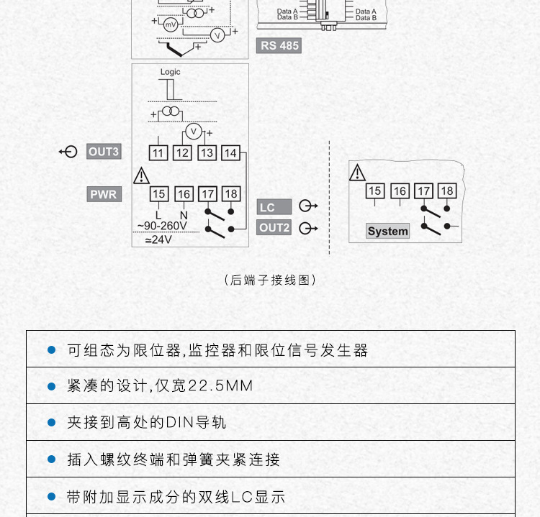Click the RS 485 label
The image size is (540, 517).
(x=279, y=46)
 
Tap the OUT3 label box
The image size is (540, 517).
(x=104, y=152)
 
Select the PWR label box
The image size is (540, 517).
(x=104, y=194)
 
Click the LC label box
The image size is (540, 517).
(x=274, y=207)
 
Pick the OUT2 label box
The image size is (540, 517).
(x=274, y=228)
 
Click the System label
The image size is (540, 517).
(x=387, y=232)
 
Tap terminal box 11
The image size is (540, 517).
(x=158, y=152)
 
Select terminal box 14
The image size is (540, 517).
(x=230, y=152)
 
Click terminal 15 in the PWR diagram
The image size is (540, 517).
(x=158, y=194)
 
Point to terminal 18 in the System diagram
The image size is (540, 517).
(x=447, y=191)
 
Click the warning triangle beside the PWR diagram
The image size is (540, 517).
(x=142, y=175)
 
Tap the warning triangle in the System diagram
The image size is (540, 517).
(x=357, y=173)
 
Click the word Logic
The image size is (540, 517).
(x=170, y=72)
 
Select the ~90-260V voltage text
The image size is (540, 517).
(x=162, y=226)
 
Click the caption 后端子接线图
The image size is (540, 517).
(x=270, y=280)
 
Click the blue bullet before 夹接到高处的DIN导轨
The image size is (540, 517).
(x=51, y=422)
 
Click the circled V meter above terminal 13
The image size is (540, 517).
(x=192, y=132)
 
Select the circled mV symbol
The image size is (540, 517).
(x=171, y=24)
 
